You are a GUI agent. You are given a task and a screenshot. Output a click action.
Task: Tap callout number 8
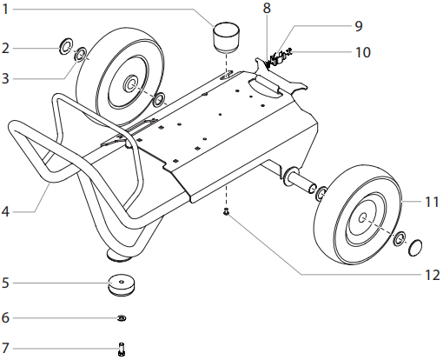point(267,8)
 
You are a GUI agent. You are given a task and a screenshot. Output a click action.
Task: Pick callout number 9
point(310,26)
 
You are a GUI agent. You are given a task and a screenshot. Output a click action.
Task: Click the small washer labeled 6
point(121,317)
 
